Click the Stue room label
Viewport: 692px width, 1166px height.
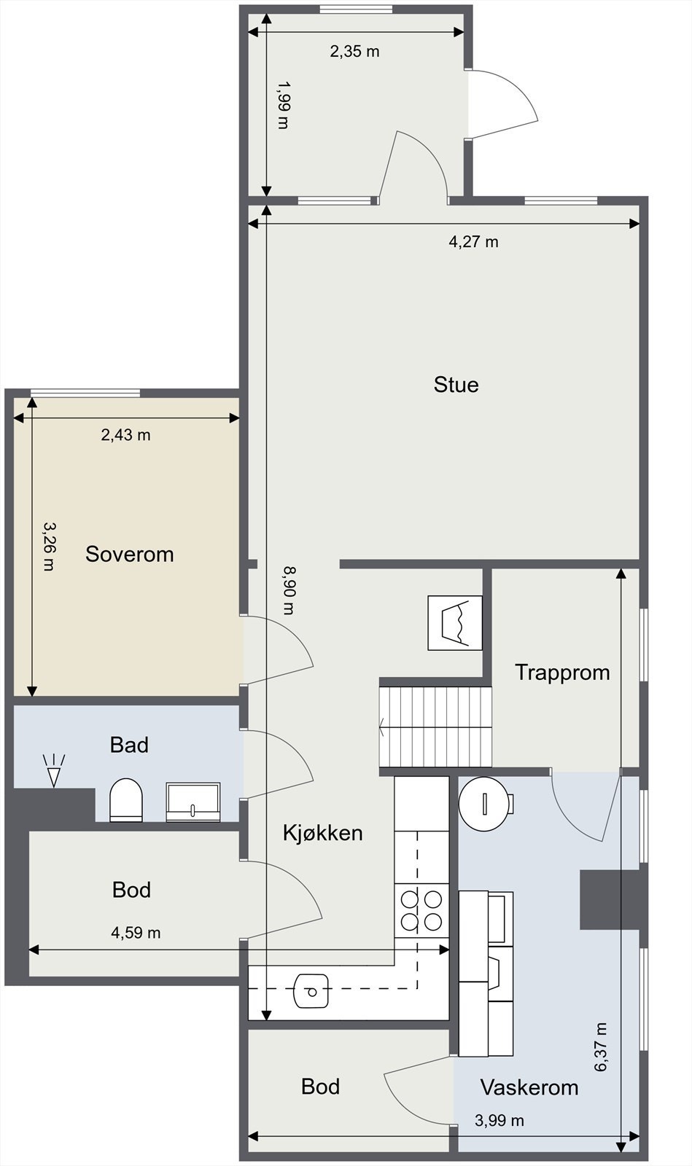(456, 385)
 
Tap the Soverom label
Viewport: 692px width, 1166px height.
(130, 555)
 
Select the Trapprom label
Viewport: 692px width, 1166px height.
(562, 673)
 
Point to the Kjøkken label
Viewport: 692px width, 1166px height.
(323, 833)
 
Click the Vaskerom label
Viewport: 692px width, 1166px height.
(529, 1087)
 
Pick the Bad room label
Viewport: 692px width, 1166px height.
(129, 745)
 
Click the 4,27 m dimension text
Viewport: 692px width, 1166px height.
(474, 242)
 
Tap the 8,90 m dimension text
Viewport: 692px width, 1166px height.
(289, 590)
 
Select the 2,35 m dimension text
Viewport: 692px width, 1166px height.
(354, 52)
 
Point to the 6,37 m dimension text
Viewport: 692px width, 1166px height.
(600, 1046)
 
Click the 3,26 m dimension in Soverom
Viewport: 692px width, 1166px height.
(48, 547)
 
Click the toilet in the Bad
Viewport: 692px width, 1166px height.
(126, 800)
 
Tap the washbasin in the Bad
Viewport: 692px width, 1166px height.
(193, 802)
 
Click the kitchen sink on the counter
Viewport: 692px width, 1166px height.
(312, 992)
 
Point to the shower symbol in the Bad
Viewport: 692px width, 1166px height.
(54, 770)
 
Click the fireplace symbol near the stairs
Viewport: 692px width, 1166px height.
(455, 622)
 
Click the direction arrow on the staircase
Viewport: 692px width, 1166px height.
(382, 727)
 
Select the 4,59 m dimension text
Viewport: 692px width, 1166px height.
(136, 932)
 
